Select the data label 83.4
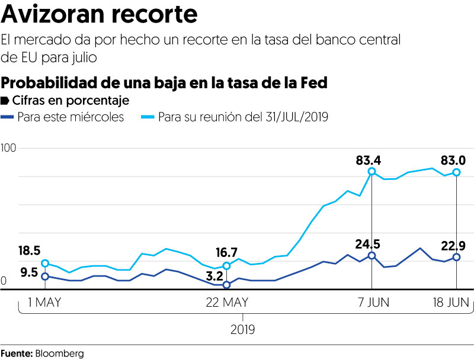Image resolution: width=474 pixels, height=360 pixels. click(x=368, y=159)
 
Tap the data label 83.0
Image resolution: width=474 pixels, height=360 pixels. click(x=454, y=159)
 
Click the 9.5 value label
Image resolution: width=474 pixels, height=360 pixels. click(x=29, y=272)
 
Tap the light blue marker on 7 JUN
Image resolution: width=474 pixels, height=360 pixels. click(x=371, y=172)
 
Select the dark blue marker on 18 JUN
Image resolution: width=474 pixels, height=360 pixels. click(x=456, y=257)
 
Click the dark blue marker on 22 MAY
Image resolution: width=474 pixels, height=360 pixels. click(x=226, y=285)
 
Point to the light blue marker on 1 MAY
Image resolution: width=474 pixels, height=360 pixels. click(x=44, y=263)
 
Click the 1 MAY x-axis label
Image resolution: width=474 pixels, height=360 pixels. click(x=44, y=303)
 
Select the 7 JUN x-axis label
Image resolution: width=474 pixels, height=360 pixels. click(x=371, y=303)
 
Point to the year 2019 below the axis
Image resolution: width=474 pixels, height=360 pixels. click(x=243, y=328)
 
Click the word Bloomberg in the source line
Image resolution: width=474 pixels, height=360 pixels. click(x=59, y=353)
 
